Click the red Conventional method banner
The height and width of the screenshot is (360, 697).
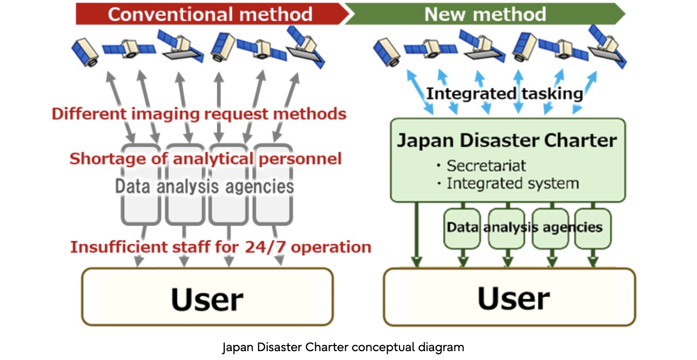click(211, 14)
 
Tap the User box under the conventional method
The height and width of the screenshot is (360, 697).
click(208, 297)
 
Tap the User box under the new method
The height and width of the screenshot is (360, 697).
click(509, 297)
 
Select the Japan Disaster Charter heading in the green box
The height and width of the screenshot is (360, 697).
click(507, 141)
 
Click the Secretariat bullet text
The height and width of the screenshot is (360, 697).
click(486, 165)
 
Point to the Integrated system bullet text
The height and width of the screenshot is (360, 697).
click(513, 183)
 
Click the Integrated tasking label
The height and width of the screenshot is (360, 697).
click(505, 94)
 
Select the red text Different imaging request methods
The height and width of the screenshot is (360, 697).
click(199, 114)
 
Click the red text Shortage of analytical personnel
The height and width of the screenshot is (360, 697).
click(205, 159)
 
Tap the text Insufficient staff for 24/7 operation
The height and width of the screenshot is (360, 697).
click(221, 247)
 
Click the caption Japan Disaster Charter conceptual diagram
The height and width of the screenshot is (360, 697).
click(343, 347)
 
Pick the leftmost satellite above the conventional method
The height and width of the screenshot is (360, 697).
click(85, 52)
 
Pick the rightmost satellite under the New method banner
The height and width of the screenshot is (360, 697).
click(607, 47)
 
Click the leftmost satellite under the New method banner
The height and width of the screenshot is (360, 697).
click(387, 52)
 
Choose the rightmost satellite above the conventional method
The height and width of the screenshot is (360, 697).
click(305, 47)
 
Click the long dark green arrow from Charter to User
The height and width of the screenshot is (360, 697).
click(416, 234)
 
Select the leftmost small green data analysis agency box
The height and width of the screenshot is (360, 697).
click(462, 229)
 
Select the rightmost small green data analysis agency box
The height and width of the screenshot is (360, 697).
click(593, 229)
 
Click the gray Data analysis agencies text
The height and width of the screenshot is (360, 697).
click(204, 186)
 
